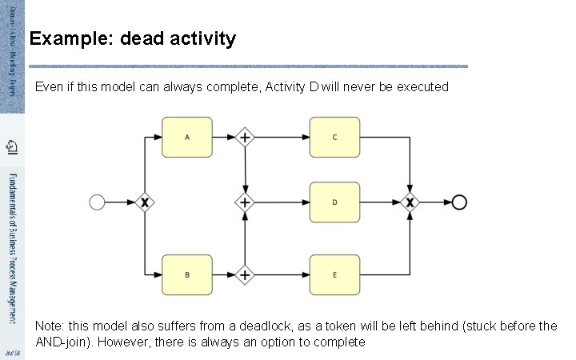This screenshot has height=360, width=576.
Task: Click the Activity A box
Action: coord(187,137)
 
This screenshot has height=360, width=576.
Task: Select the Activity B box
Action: coord(187,274)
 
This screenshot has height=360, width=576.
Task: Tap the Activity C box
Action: coord(334,137)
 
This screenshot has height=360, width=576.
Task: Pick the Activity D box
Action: coord(334,202)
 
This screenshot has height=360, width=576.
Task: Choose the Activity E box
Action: coord(334,274)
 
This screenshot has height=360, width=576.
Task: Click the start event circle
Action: coord(97,202)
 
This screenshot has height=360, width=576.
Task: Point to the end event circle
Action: coord(459,202)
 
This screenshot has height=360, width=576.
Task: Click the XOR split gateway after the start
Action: coord(144,202)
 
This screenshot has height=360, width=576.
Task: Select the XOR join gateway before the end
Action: coord(410,202)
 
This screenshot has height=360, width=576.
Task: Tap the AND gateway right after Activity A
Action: coord(246,137)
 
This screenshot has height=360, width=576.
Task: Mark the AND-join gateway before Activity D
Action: coord(246,202)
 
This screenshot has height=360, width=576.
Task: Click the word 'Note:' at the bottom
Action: coord(50,326)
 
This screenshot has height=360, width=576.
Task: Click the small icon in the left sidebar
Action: coord(11,146)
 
